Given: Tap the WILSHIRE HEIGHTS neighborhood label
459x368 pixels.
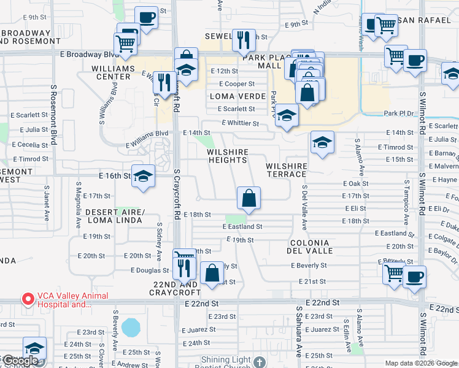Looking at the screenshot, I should [x=227, y=156].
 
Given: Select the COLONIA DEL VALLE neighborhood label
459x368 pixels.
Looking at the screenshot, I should [x=310, y=246].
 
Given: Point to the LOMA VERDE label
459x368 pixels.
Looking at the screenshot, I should [x=237, y=96].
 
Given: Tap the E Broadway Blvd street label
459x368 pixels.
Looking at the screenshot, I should [x=89, y=54].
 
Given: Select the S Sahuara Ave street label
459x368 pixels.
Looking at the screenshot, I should [x=299, y=334].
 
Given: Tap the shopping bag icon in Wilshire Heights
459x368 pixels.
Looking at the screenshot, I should [x=249, y=199].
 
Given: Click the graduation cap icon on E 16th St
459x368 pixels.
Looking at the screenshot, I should [x=143, y=177].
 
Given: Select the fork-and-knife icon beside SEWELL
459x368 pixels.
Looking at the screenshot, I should [x=244, y=40].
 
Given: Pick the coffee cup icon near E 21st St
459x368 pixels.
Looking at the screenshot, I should [x=414, y=276].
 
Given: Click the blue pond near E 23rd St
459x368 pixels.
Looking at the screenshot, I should [x=130, y=328].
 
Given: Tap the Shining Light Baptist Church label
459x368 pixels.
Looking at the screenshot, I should [x=228, y=360].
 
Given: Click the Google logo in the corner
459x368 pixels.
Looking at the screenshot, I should [x=20, y=361].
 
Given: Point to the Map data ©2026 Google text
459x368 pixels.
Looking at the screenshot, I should [x=420, y=363].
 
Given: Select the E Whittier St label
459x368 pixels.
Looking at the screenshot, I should [x=238, y=123].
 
